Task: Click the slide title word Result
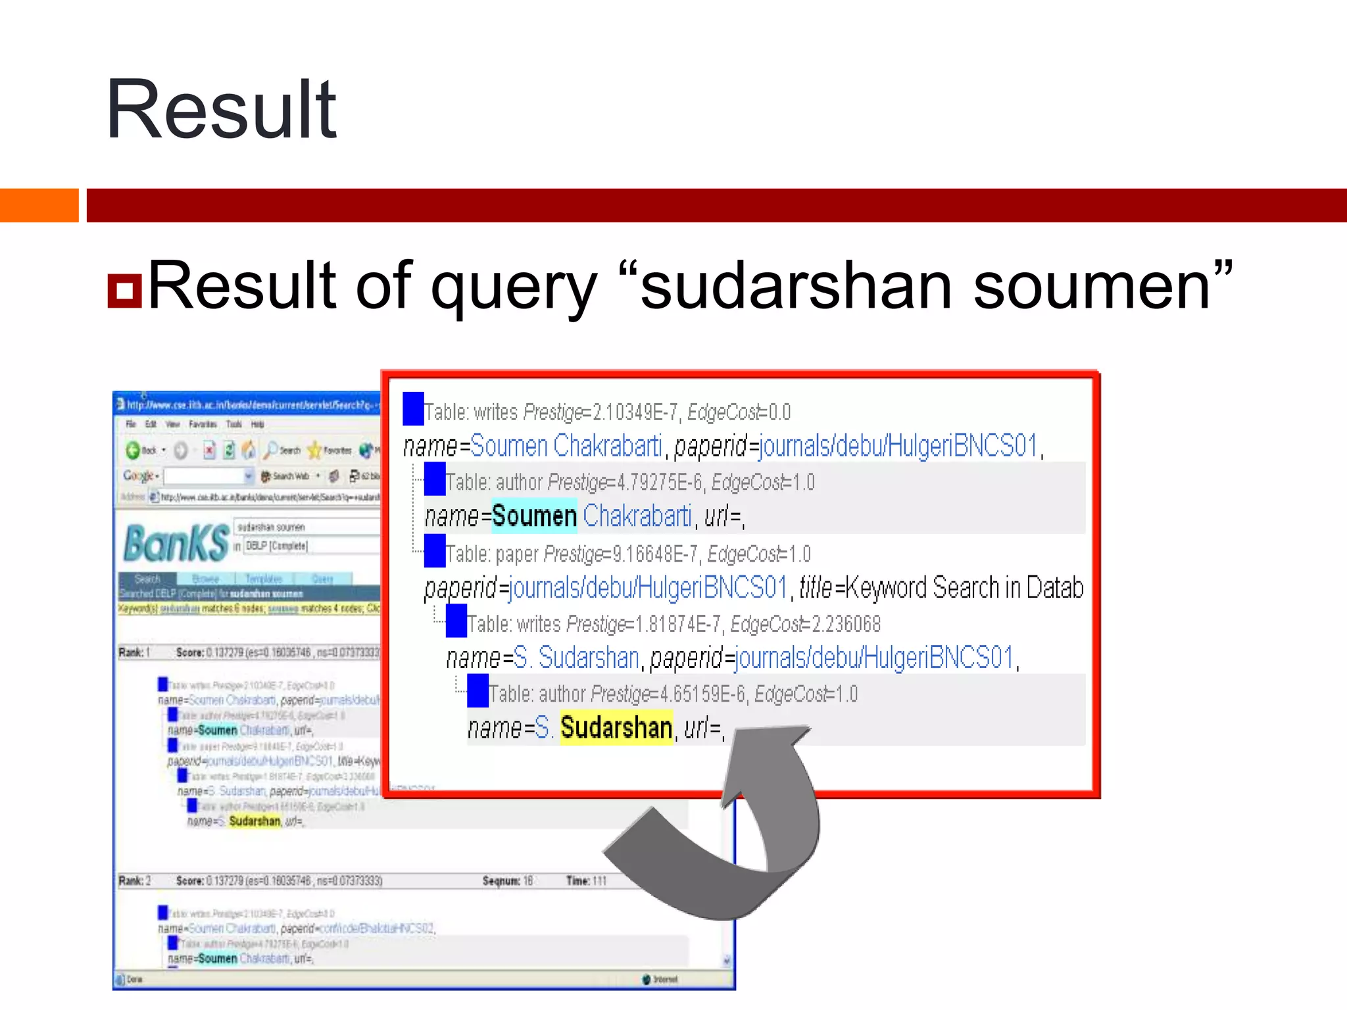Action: [x=221, y=109]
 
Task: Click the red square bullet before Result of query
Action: [x=124, y=291]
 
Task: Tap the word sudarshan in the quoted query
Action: [x=796, y=287]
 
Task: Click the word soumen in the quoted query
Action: [x=1092, y=287]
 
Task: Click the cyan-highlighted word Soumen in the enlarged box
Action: [x=534, y=516]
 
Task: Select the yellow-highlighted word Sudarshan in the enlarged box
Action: [x=616, y=728]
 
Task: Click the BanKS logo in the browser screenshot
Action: [x=176, y=543]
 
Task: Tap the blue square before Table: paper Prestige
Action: [x=435, y=551]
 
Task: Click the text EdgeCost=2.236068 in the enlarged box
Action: [x=805, y=624]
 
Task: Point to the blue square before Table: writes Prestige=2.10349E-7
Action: [x=413, y=408]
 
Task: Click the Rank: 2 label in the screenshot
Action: [x=135, y=881]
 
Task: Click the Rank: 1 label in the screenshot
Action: [x=135, y=652]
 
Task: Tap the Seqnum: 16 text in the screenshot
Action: [x=507, y=881]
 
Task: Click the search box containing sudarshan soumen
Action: [x=306, y=527]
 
